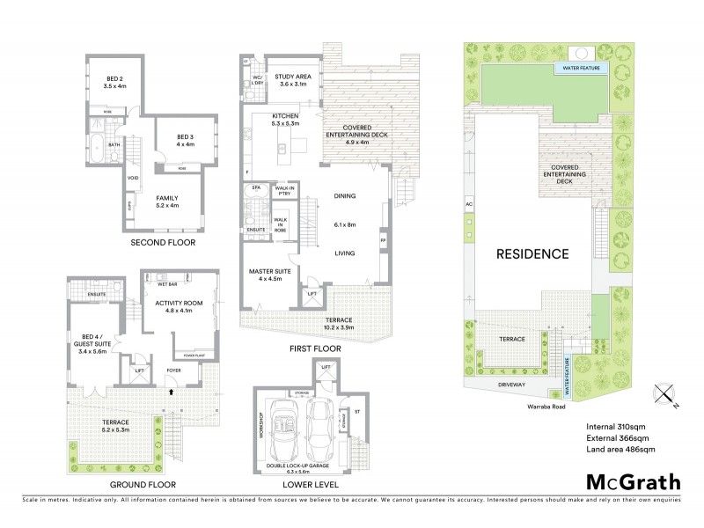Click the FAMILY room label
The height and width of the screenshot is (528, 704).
click(x=166, y=201)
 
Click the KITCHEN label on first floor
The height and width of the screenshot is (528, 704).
click(x=285, y=120)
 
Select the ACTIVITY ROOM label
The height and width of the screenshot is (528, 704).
click(x=179, y=305)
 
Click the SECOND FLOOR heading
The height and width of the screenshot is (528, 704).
click(x=163, y=242)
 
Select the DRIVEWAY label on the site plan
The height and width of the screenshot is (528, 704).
click(x=505, y=384)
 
